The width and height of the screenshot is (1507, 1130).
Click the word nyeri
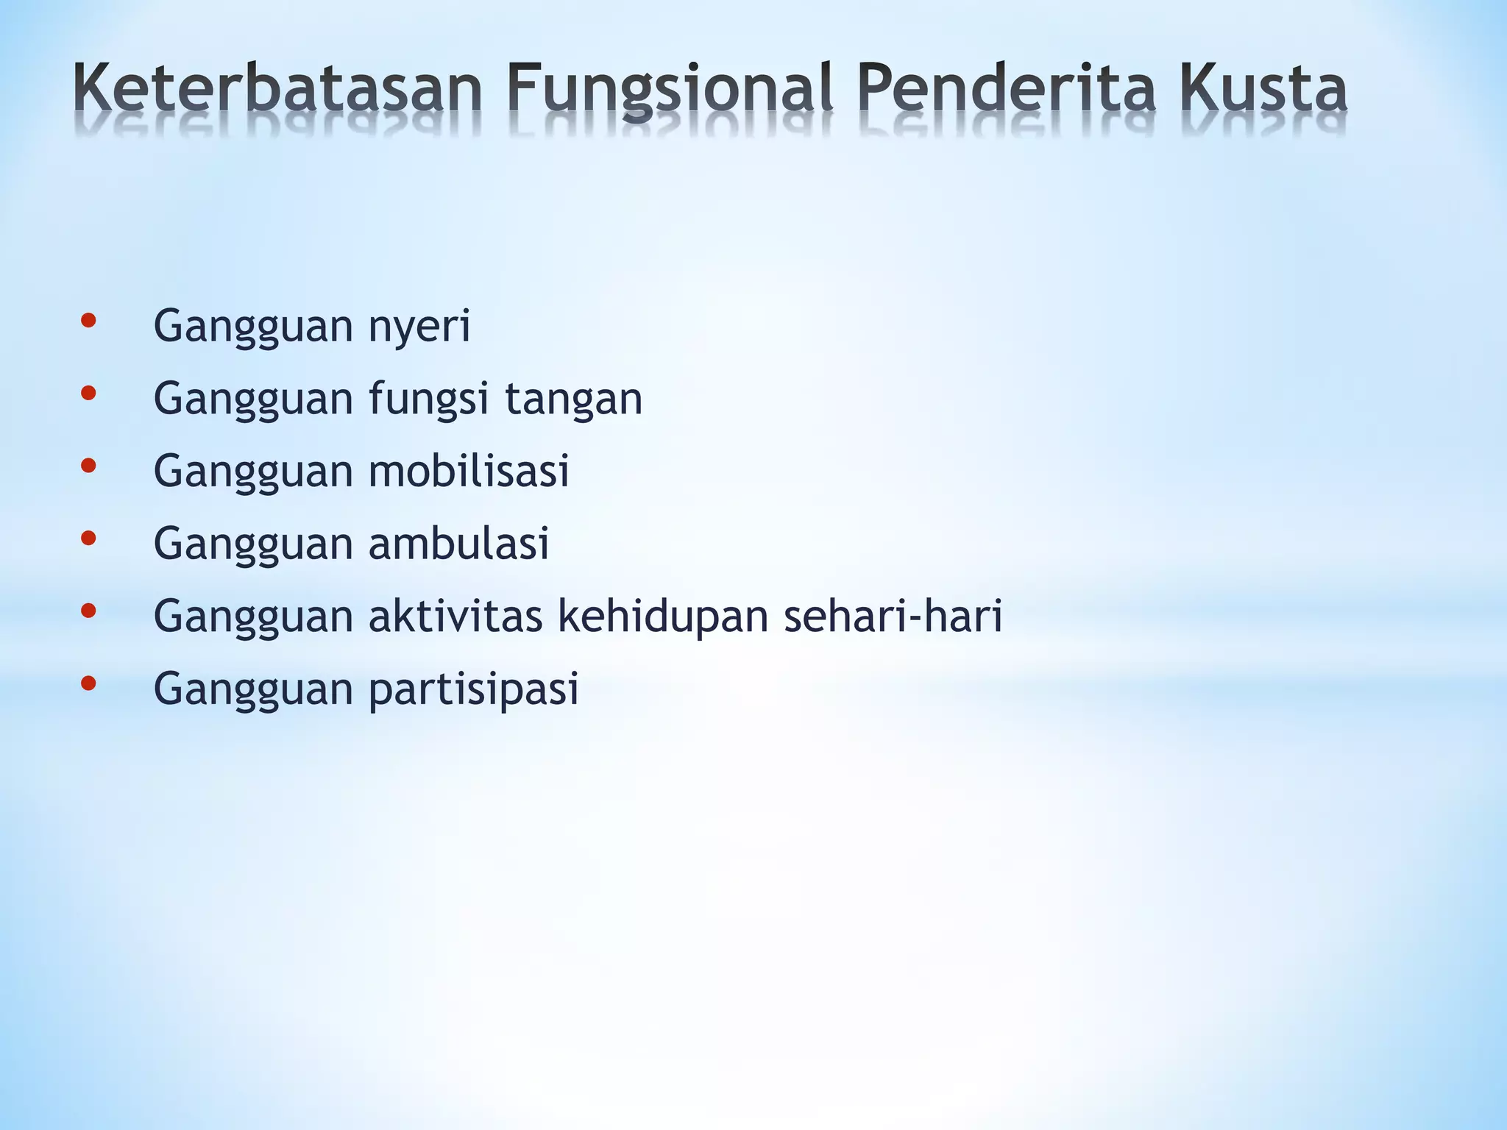tap(419, 327)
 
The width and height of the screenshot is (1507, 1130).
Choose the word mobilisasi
tap(469, 470)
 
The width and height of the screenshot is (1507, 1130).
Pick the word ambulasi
tap(458, 543)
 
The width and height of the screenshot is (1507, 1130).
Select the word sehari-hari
tap(893, 615)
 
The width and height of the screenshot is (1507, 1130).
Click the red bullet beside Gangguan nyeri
tap(88, 321)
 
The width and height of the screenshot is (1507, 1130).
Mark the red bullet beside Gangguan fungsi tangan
tap(88, 394)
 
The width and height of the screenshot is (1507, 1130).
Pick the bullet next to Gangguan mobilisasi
tap(88, 466)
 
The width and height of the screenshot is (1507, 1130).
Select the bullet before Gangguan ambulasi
tap(88, 539)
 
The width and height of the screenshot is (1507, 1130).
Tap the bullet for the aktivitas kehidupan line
tap(88, 611)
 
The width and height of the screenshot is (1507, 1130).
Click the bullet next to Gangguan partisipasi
tap(88, 683)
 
